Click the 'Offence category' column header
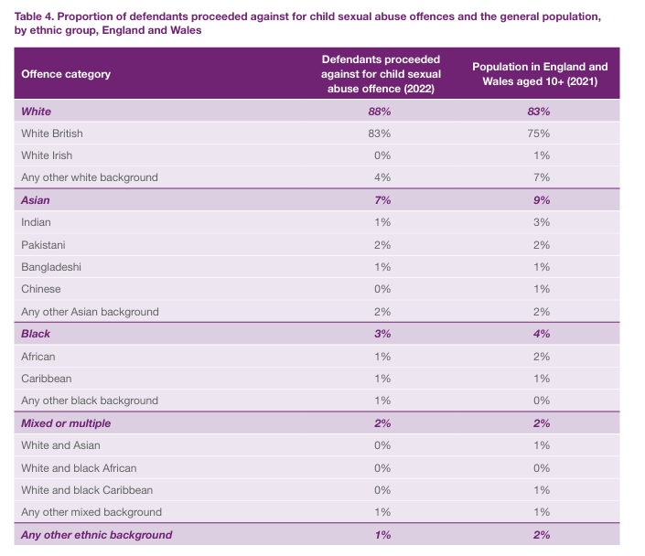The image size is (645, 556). (66, 74)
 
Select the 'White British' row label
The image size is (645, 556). (52, 134)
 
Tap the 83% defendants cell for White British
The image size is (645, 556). (381, 134)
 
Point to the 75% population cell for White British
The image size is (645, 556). (539, 134)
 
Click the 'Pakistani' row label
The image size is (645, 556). (43, 245)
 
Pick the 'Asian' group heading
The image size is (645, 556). (36, 200)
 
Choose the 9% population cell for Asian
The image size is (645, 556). (539, 200)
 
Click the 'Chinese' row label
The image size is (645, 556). (41, 289)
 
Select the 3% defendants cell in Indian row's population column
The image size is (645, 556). (539, 222)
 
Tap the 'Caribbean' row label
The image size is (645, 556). (47, 379)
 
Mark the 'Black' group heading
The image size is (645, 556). (36, 334)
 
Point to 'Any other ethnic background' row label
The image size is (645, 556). (96, 535)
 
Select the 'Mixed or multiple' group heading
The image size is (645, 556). (67, 423)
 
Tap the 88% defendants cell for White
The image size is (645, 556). (381, 111)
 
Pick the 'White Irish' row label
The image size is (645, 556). (47, 155)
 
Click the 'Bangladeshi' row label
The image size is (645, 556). (50, 267)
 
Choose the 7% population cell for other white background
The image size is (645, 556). (539, 177)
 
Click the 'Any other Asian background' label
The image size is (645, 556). (90, 312)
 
